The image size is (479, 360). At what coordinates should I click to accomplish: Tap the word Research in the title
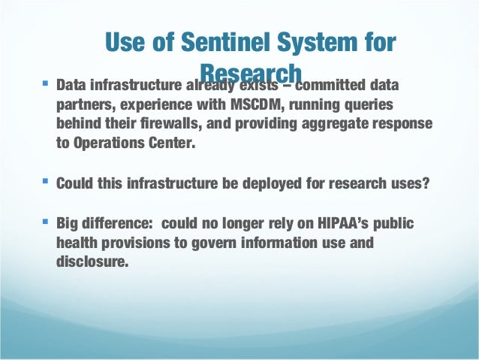pos(252,72)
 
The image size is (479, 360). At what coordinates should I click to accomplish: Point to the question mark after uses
pos(430,183)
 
